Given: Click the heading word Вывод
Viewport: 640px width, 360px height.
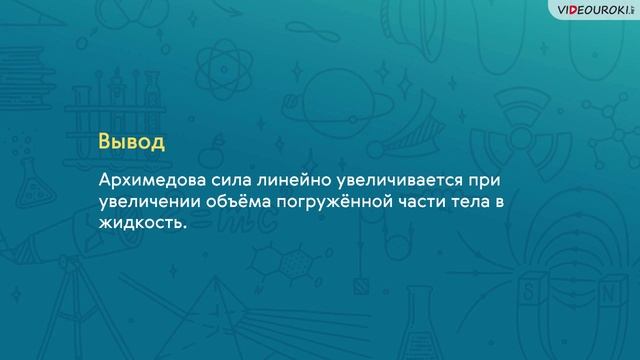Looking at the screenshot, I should pos(131,140).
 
